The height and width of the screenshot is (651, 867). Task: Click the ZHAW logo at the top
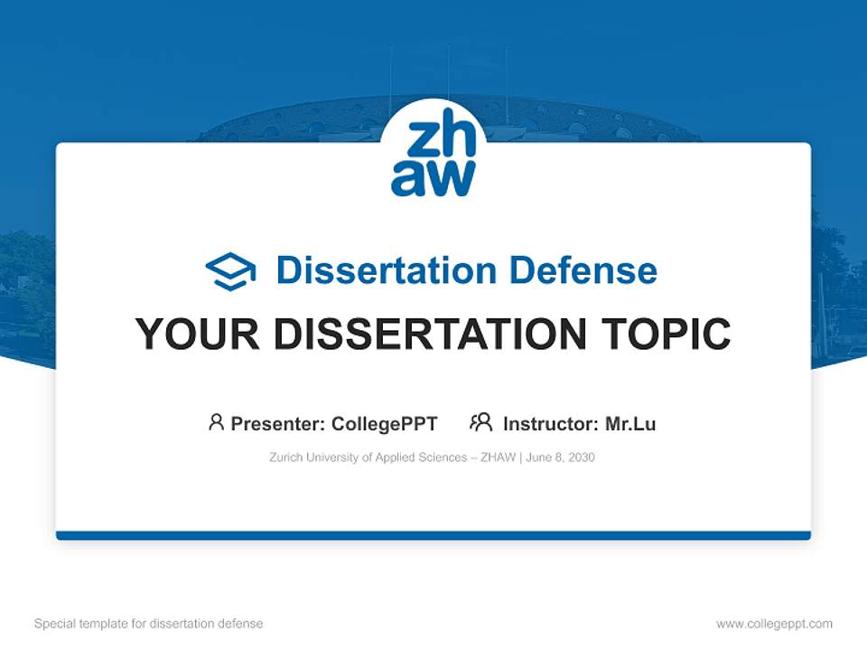coord(433,153)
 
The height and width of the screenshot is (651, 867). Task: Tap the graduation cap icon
coord(230,271)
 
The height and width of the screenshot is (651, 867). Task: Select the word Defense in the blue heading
coord(583,270)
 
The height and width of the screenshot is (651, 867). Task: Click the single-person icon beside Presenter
coord(216,422)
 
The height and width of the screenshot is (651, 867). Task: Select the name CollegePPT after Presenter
coord(385,424)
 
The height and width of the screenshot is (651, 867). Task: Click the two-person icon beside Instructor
coord(481,422)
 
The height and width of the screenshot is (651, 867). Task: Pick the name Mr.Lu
coord(630,424)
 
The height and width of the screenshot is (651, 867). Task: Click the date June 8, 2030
coord(560,458)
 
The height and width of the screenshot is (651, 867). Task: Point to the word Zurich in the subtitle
coord(286,458)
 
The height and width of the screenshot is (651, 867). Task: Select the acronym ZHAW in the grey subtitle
coord(499,458)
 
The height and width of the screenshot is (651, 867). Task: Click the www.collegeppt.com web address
coord(774,624)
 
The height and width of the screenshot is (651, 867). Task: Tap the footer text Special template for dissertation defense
coord(149,624)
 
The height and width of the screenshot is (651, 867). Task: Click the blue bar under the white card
coord(433,535)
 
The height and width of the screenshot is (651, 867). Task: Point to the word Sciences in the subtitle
coord(443,458)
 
